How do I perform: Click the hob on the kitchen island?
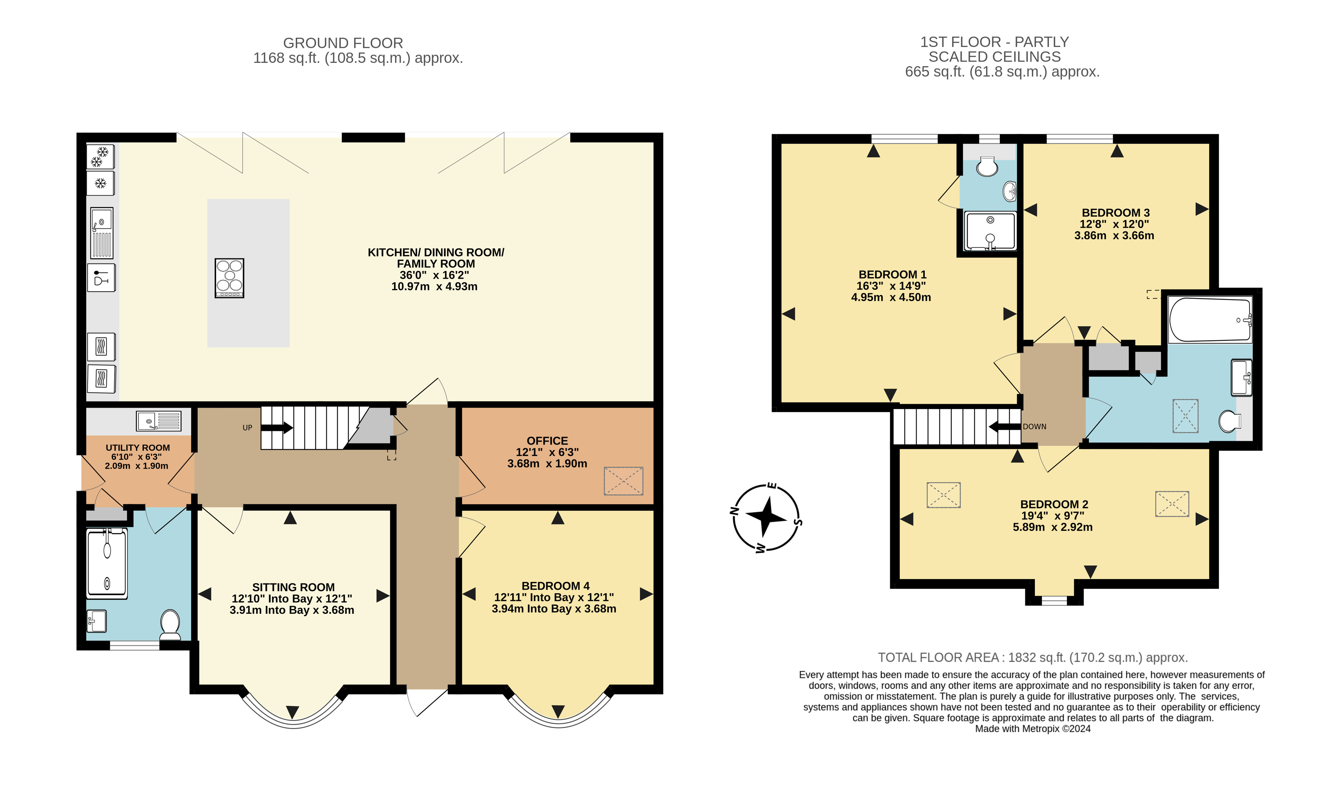(229, 278)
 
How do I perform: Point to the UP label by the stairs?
(247, 428)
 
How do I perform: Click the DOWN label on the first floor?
(1034, 426)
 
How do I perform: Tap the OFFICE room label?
(547, 441)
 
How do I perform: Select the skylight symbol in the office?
(623, 481)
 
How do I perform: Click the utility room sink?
(159, 421)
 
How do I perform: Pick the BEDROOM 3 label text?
(1115, 212)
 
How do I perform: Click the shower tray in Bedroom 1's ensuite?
(990, 231)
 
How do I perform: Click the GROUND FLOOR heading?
(343, 43)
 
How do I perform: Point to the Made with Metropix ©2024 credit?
(1032, 729)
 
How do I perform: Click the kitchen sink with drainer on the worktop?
(102, 232)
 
